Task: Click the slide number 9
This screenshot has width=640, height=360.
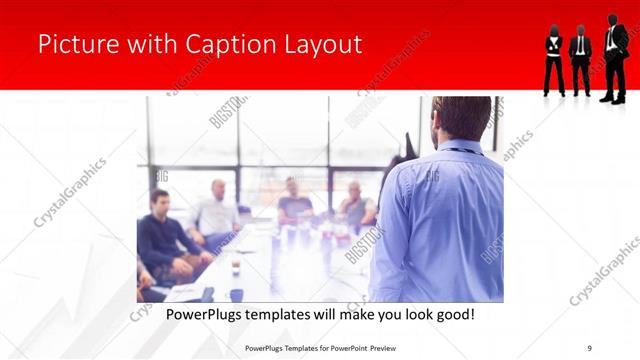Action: pyautogui.click(x=590, y=347)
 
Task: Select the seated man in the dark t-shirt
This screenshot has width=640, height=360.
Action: pyautogui.click(x=295, y=200)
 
